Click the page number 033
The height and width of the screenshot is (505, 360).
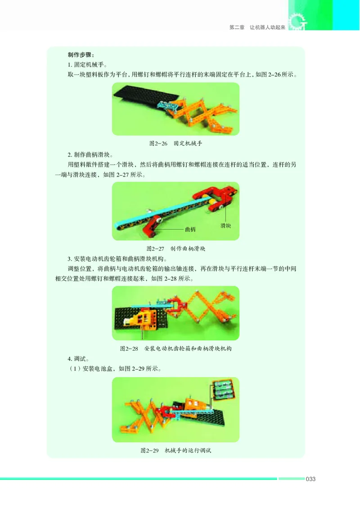pyautogui.click(x=310, y=479)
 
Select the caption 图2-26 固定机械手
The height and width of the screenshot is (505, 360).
pyautogui.click(x=175, y=144)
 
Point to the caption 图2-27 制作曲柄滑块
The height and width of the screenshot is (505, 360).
pyautogui.click(x=175, y=248)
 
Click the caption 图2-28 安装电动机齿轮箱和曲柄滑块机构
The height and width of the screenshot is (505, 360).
pyautogui.click(x=175, y=348)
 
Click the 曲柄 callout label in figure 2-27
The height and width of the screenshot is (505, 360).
pyautogui.click(x=190, y=229)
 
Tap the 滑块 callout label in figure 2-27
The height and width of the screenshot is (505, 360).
pyautogui.click(x=226, y=225)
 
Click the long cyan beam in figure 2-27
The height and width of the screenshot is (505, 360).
pyautogui.click(x=175, y=212)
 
